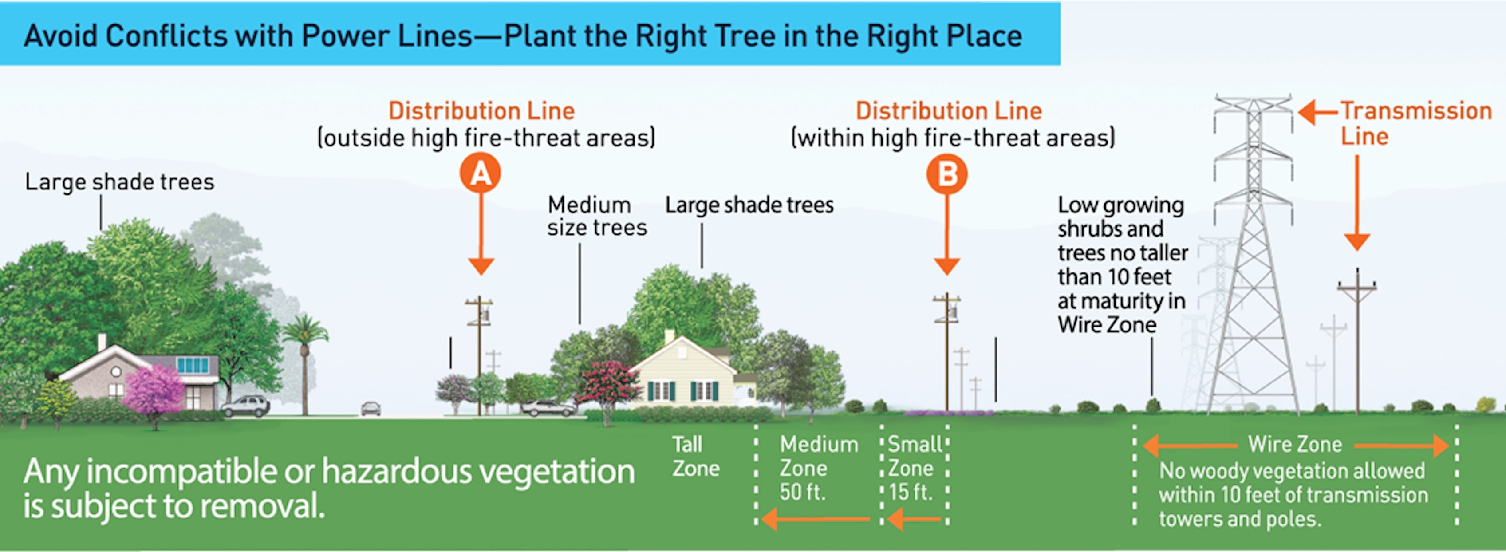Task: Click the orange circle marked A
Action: tap(480, 173)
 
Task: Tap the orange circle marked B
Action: tap(946, 173)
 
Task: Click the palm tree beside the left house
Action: tap(304, 363)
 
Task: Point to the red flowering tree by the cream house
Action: tap(608, 386)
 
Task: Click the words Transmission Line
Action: tap(1415, 123)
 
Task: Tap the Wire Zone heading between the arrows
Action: tap(1295, 445)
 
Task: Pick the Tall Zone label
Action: tap(695, 456)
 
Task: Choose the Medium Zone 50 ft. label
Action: tap(818, 468)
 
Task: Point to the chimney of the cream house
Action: tap(670, 337)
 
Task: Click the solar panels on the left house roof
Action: tap(193, 365)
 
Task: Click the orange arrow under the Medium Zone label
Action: tap(816, 519)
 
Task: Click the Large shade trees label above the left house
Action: tap(119, 182)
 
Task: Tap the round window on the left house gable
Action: tap(116, 371)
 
